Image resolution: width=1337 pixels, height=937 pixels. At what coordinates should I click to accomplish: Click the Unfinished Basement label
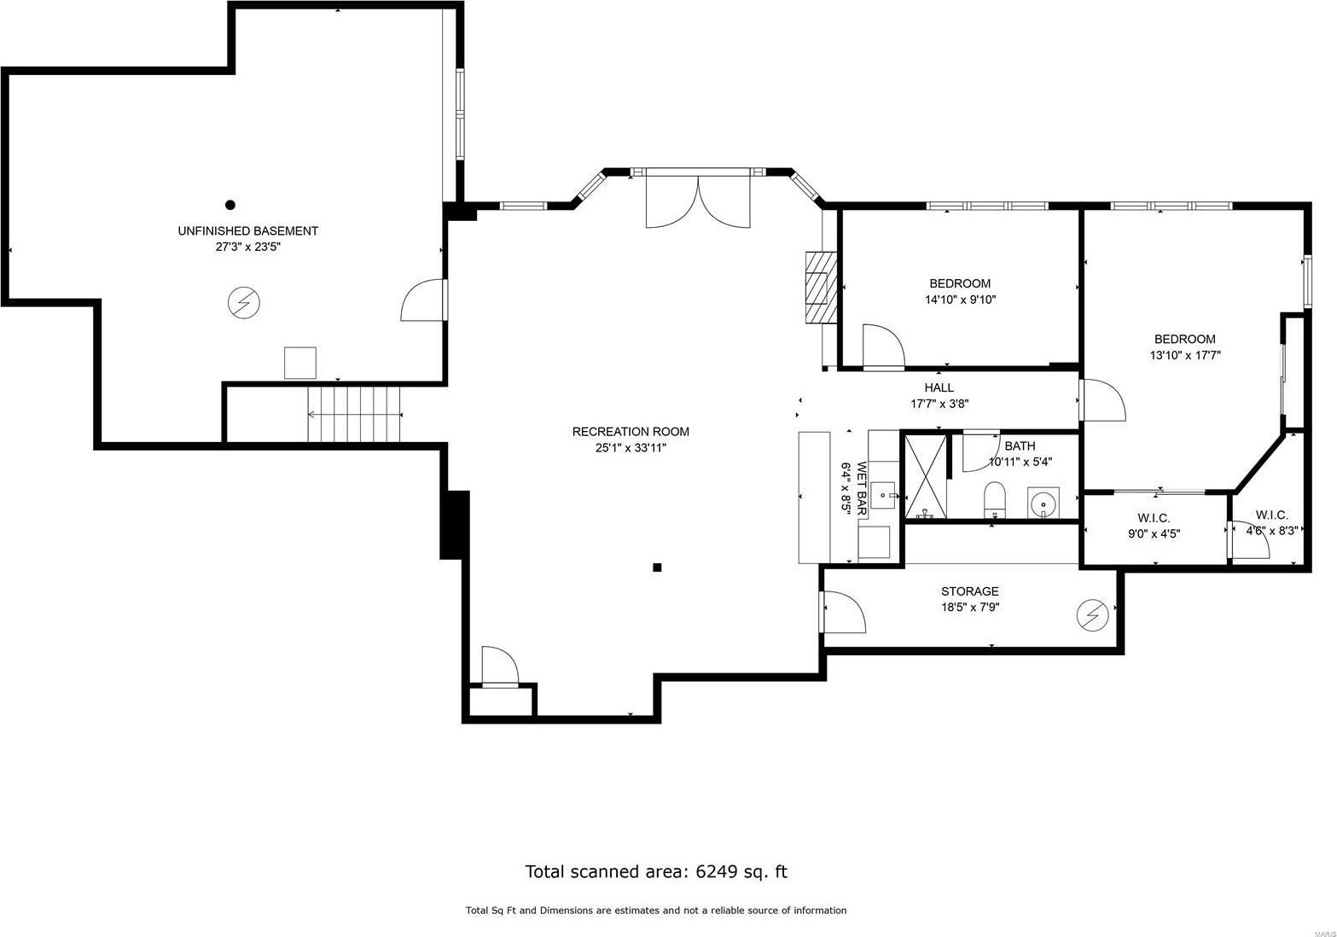point(247,231)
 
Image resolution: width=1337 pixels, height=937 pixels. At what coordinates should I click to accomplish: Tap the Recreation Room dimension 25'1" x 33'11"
point(631,448)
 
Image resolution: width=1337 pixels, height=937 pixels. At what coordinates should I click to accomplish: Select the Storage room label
point(970,591)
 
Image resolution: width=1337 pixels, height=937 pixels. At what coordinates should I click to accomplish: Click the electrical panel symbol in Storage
point(1093,614)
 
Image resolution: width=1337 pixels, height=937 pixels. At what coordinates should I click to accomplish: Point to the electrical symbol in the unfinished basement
point(244,303)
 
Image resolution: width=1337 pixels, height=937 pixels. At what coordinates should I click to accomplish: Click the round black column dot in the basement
point(230,205)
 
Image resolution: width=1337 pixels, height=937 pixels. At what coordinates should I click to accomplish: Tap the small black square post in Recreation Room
point(657,567)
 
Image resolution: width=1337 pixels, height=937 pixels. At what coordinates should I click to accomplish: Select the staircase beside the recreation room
point(355,414)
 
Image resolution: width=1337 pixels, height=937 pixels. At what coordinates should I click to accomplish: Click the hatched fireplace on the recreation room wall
point(821,288)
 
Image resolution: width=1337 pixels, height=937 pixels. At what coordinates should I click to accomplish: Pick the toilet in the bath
point(994,500)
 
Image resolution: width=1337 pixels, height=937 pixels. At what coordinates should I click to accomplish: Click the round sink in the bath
point(1043,503)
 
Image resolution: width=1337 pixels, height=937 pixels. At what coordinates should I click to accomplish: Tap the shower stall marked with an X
point(926,477)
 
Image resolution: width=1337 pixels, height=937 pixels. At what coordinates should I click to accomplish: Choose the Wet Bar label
point(862,488)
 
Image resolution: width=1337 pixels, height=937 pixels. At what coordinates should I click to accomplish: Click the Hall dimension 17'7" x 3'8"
point(939,404)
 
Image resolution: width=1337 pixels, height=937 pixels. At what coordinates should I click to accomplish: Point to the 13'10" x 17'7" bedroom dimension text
point(1185,355)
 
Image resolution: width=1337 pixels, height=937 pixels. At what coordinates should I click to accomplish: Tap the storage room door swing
point(845,612)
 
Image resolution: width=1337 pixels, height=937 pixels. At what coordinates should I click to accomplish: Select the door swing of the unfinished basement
point(422,300)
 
